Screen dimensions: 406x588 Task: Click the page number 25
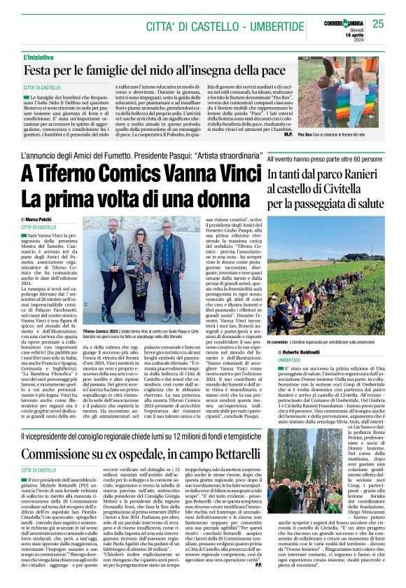(379, 24)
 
